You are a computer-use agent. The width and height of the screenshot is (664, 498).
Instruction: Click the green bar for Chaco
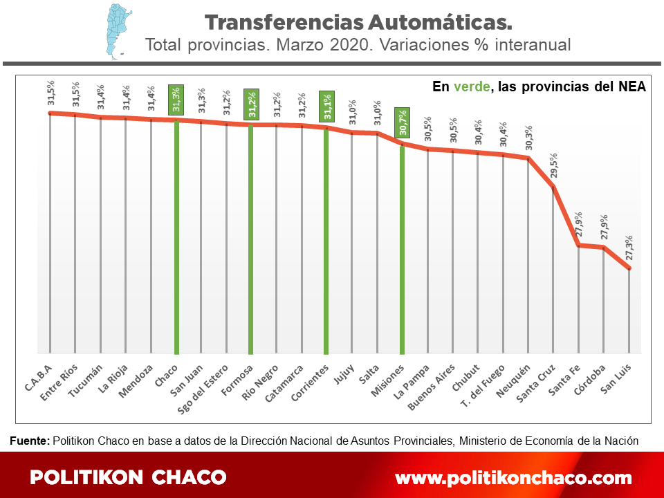click(176, 235)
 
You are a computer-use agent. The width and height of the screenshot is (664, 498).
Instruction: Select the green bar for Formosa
click(250, 239)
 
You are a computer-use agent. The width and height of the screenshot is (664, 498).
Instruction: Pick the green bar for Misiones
click(402, 249)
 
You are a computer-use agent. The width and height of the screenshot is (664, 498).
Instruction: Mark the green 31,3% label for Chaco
click(176, 100)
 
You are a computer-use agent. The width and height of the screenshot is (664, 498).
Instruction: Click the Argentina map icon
click(112, 28)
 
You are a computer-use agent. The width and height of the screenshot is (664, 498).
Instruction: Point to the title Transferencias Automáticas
click(358, 22)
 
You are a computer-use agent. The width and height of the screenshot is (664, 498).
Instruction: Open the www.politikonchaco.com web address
click(513, 478)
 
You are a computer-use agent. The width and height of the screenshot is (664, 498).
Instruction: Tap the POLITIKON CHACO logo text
click(129, 477)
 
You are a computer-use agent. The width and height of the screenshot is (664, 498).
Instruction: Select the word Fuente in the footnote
click(29, 440)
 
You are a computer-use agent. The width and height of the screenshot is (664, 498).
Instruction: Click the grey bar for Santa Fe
click(578, 297)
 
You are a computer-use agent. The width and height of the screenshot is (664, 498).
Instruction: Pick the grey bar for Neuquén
click(528, 256)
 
